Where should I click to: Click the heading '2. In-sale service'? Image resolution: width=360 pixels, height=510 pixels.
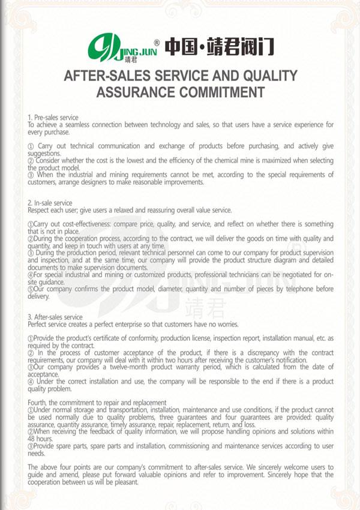(50, 203)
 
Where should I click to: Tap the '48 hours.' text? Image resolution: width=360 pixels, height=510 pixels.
(40, 439)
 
